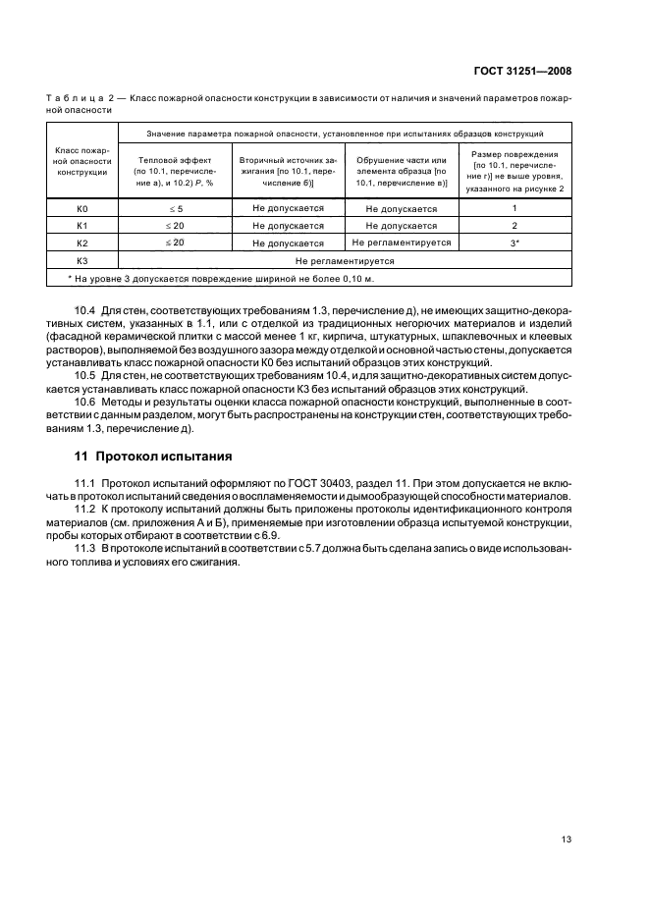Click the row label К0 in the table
point(82,209)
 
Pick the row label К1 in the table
point(82,226)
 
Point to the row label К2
point(82,243)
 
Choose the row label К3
point(82,261)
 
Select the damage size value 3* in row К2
point(514,243)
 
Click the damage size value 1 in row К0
point(514,209)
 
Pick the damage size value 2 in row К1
point(514,226)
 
